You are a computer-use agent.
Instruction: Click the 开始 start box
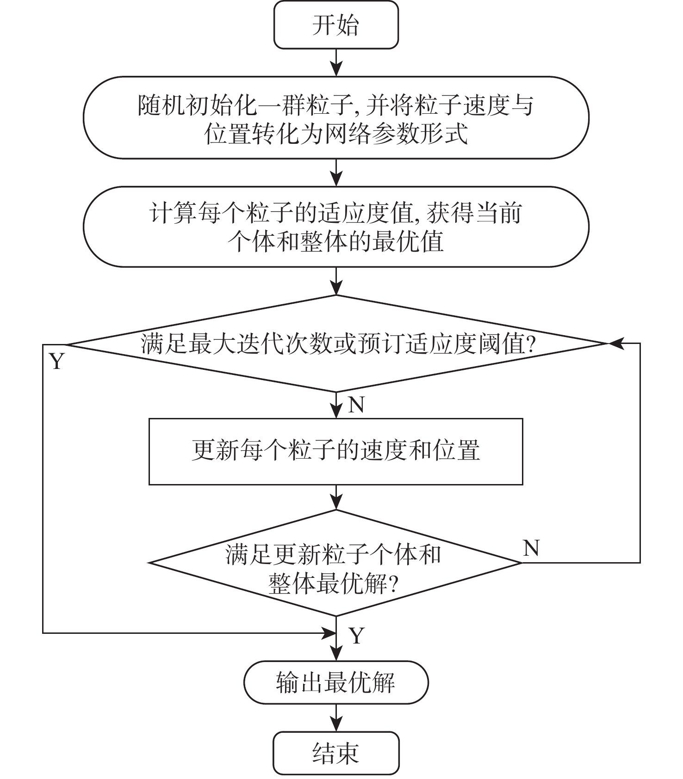pos(336,25)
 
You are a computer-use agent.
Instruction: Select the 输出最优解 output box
pos(336,682)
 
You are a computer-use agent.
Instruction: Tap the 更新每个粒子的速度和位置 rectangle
pos(336,451)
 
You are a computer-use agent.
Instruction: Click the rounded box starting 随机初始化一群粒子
pos(336,118)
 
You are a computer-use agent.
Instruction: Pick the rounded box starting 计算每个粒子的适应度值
pos(336,227)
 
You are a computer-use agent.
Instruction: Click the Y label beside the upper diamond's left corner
pos(56,362)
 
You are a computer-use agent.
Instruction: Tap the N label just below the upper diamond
pos(356,405)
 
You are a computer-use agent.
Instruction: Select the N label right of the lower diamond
pos(531,548)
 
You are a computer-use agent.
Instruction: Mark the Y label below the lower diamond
pos(357,636)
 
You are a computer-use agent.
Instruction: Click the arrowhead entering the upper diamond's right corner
pos(615,343)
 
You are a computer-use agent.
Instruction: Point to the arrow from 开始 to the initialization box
pos(336,62)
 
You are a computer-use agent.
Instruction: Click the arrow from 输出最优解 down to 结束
pos(336,718)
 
